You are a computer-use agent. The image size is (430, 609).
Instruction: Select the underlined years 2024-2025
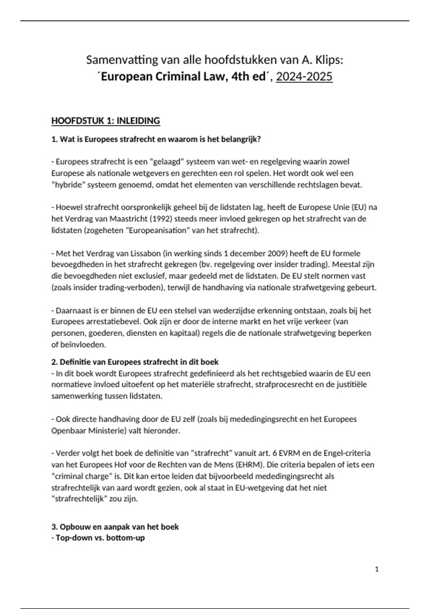pos(304,77)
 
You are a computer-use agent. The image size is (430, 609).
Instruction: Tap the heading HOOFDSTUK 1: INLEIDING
pos(105,121)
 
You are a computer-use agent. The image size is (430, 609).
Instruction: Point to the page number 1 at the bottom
pos(377,569)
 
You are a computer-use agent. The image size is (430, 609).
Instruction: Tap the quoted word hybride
pos(68,185)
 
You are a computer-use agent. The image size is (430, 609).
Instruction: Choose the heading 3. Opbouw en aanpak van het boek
pos(115,527)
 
